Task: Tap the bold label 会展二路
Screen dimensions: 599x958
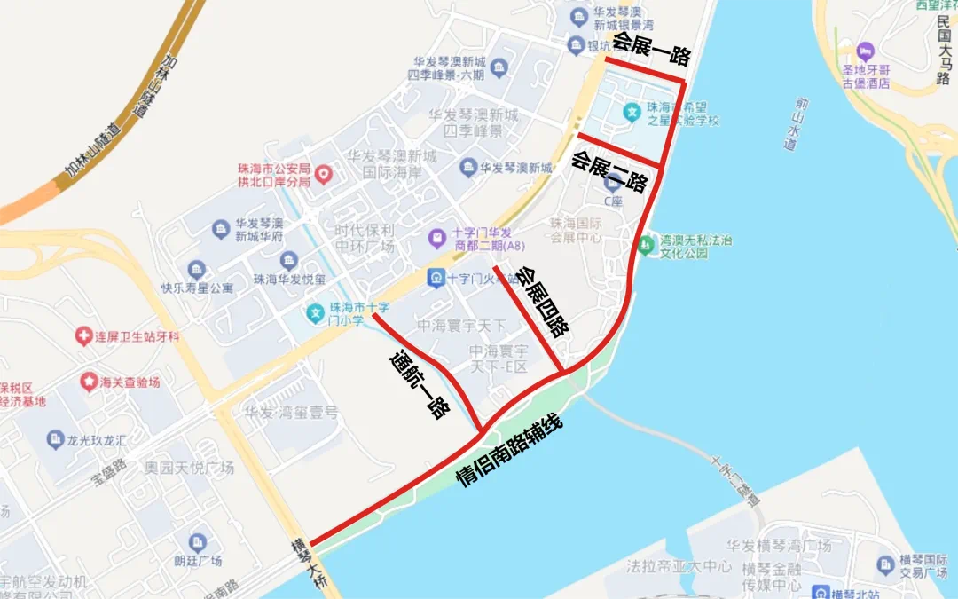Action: [x=609, y=172]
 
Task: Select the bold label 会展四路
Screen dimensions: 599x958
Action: [x=542, y=303]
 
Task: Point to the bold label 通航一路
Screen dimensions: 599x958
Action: [x=420, y=384]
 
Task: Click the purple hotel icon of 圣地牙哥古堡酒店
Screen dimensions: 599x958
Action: [x=867, y=50]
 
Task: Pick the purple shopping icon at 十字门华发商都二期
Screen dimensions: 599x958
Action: [x=436, y=238]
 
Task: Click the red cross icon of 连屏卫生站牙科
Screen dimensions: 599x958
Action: [x=83, y=336]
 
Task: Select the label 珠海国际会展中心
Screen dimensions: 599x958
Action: [x=577, y=231]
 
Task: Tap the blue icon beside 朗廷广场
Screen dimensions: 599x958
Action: [x=198, y=542]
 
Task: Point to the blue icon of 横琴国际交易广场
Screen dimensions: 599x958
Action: [x=885, y=564]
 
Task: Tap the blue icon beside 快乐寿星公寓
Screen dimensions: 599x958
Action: [x=197, y=269]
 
